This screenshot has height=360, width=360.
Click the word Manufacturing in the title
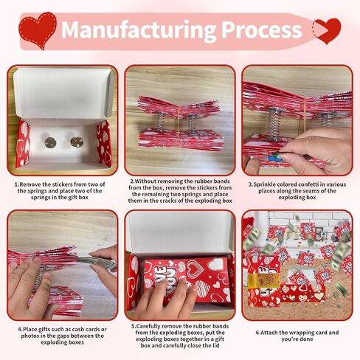pyautogui.click(x=139, y=30)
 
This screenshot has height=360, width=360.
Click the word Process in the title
pyautogui.click(x=262, y=30)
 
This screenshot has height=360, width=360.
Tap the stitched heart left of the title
pyautogui.click(x=38, y=30)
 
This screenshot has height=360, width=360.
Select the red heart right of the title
pyautogui.click(x=327, y=30)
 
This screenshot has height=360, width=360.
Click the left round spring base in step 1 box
pyautogui.click(x=50, y=142)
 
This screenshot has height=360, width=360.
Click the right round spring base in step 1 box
pyautogui.click(x=77, y=142)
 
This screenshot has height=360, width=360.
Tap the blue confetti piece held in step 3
pyautogui.click(x=272, y=157)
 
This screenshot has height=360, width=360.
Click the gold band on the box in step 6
pyautogui.click(x=264, y=280)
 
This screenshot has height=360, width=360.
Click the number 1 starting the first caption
pyautogui.click(x=16, y=184)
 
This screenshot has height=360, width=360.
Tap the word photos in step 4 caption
pyautogui.click(x=29, y=336)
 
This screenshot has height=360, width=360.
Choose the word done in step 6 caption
pyautogui.click(x=307, y=339)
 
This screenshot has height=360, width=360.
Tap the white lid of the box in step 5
pyautogui.click(x=180, y=233)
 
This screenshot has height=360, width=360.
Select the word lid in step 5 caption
pyautogui.click(x=215, y=345)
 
